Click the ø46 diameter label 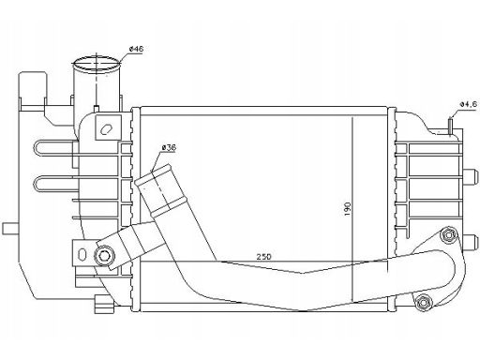(x=136, y=49)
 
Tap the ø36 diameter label (x=169, y=147)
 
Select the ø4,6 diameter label (x=469, y=104)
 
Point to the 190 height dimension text (x=348, y=209)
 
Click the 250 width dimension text (x=264, y=257)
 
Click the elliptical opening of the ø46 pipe (x=97, y=64)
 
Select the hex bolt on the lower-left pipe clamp (x=103, y=256)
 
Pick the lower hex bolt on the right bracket (x=422, y=302)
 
